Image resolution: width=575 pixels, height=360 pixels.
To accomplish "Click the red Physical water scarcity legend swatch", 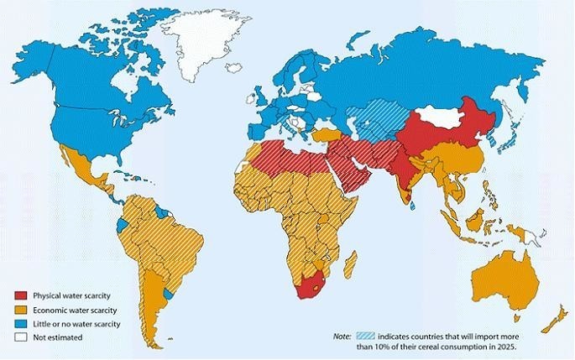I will point(21,295).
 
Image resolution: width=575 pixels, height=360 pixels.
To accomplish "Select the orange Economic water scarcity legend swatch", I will point(21,310).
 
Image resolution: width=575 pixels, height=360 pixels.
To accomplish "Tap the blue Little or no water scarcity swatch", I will point(21,323).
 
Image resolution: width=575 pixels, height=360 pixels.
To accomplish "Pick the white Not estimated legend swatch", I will point(21,337).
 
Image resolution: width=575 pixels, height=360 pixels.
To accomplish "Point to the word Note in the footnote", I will point(343,336).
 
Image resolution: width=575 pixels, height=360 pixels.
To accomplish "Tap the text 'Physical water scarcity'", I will point(71,295).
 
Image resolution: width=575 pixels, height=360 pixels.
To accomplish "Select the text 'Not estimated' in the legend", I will point(56,337).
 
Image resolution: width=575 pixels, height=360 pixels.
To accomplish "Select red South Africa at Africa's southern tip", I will point(309,290).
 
